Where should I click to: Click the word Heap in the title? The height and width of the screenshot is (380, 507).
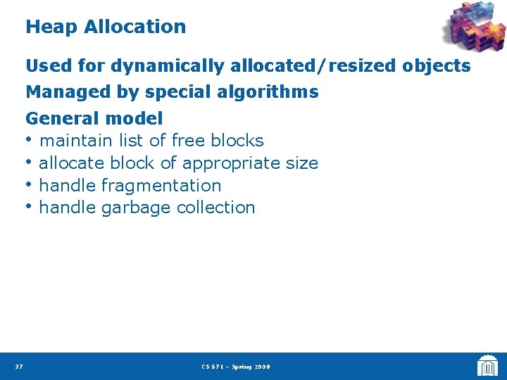point(51,27)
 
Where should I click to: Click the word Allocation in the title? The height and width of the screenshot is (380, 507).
point(134,27)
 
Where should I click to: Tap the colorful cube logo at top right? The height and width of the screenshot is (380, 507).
point(473,28)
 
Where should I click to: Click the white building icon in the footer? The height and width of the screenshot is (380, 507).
point(487,366)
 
